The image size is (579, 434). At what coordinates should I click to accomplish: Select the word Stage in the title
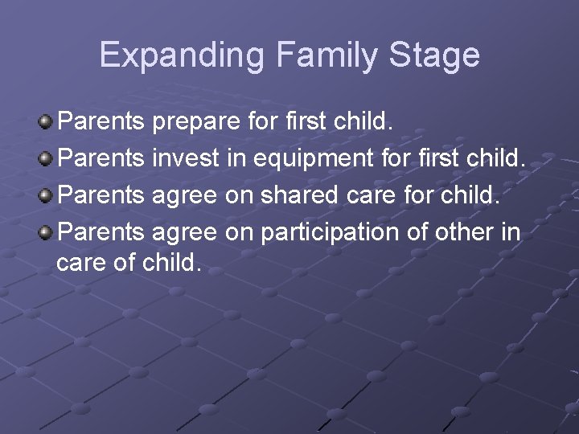(x=434, y=55)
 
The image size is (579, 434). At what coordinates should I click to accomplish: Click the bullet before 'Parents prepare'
(x=46, y=122)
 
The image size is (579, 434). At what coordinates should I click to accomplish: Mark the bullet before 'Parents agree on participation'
(x=46, y=233)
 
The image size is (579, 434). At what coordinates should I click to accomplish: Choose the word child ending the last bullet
(x=171, y=262)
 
